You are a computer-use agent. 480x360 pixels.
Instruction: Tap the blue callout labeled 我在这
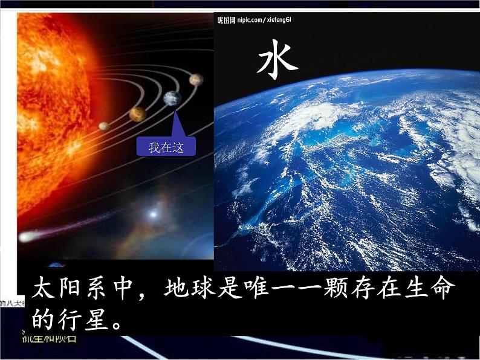coord(166,147)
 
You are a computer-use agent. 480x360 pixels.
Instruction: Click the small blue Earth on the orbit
coord(172,98)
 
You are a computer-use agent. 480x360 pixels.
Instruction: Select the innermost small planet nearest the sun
coord(104,126)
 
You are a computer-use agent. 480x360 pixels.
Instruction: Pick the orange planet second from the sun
coord(137,114)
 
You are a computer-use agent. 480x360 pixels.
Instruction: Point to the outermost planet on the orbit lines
coord(195,79)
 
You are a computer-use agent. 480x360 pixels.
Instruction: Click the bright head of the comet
coord(25,237)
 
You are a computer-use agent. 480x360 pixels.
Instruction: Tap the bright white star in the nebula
coord(153,213)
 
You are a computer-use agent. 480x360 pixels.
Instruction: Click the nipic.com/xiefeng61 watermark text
coord(255,20)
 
